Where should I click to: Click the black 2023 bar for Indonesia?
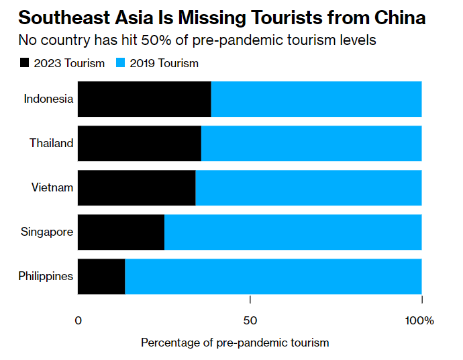(x=144, y=99)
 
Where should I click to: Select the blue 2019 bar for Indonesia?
(x=316, y=99)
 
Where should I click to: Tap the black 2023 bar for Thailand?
(x=140, y=143)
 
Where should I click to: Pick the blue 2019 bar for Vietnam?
(x=309, y=187)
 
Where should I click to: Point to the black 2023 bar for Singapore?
(x=121, y=232)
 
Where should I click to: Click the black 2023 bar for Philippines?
(x=101, y=276)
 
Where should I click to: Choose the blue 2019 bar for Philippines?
(x=273, y=276)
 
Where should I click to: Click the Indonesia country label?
(x=48, y=99)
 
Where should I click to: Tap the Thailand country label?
(x=51, y=143)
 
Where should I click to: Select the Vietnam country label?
(x=52, y=187)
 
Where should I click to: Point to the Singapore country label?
(x=47, y=232)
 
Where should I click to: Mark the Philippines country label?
(x=46, y=276)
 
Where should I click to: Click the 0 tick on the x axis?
(x=79, y=320)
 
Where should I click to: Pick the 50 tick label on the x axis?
(x=250, y=320)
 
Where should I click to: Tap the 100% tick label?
(x=419, y=320)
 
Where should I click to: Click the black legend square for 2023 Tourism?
(x=25, y=63)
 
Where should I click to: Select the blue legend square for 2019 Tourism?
(x=121, y=63)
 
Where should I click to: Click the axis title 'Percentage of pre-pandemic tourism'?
(x=235, y=343)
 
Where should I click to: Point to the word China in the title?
(x=400, y=17)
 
